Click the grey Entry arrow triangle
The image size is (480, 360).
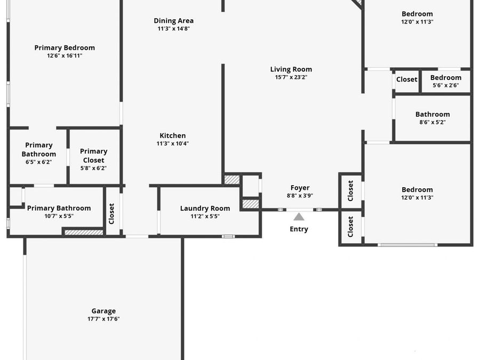click(299, 217)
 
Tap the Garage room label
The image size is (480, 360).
click(103, 311)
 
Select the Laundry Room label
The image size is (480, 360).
click(205, 209)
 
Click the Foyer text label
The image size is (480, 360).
click(300, 188)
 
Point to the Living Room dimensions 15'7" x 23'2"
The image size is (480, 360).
click(291, 77)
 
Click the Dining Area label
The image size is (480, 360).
click(173, 21)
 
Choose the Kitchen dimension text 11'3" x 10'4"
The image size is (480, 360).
click(173, 143)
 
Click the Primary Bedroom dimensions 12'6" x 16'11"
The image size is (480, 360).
click(65, 55)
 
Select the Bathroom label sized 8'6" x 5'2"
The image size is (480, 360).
click(433, 114)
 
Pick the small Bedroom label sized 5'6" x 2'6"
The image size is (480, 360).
click(446, 78)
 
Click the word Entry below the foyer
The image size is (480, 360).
click(299, 229)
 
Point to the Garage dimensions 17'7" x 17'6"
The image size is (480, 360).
click(103, 319)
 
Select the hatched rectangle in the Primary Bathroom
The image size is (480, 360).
click(83, 232)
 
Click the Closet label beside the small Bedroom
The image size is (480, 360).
click(406, 79)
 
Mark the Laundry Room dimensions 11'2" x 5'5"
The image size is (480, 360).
click(205, 216)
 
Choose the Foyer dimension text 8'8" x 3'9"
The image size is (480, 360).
click(300, 196)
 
